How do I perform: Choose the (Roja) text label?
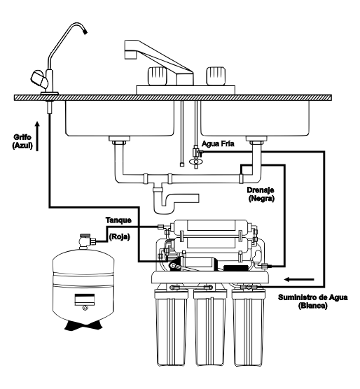(120, 237)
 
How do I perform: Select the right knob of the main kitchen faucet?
(214, 74)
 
